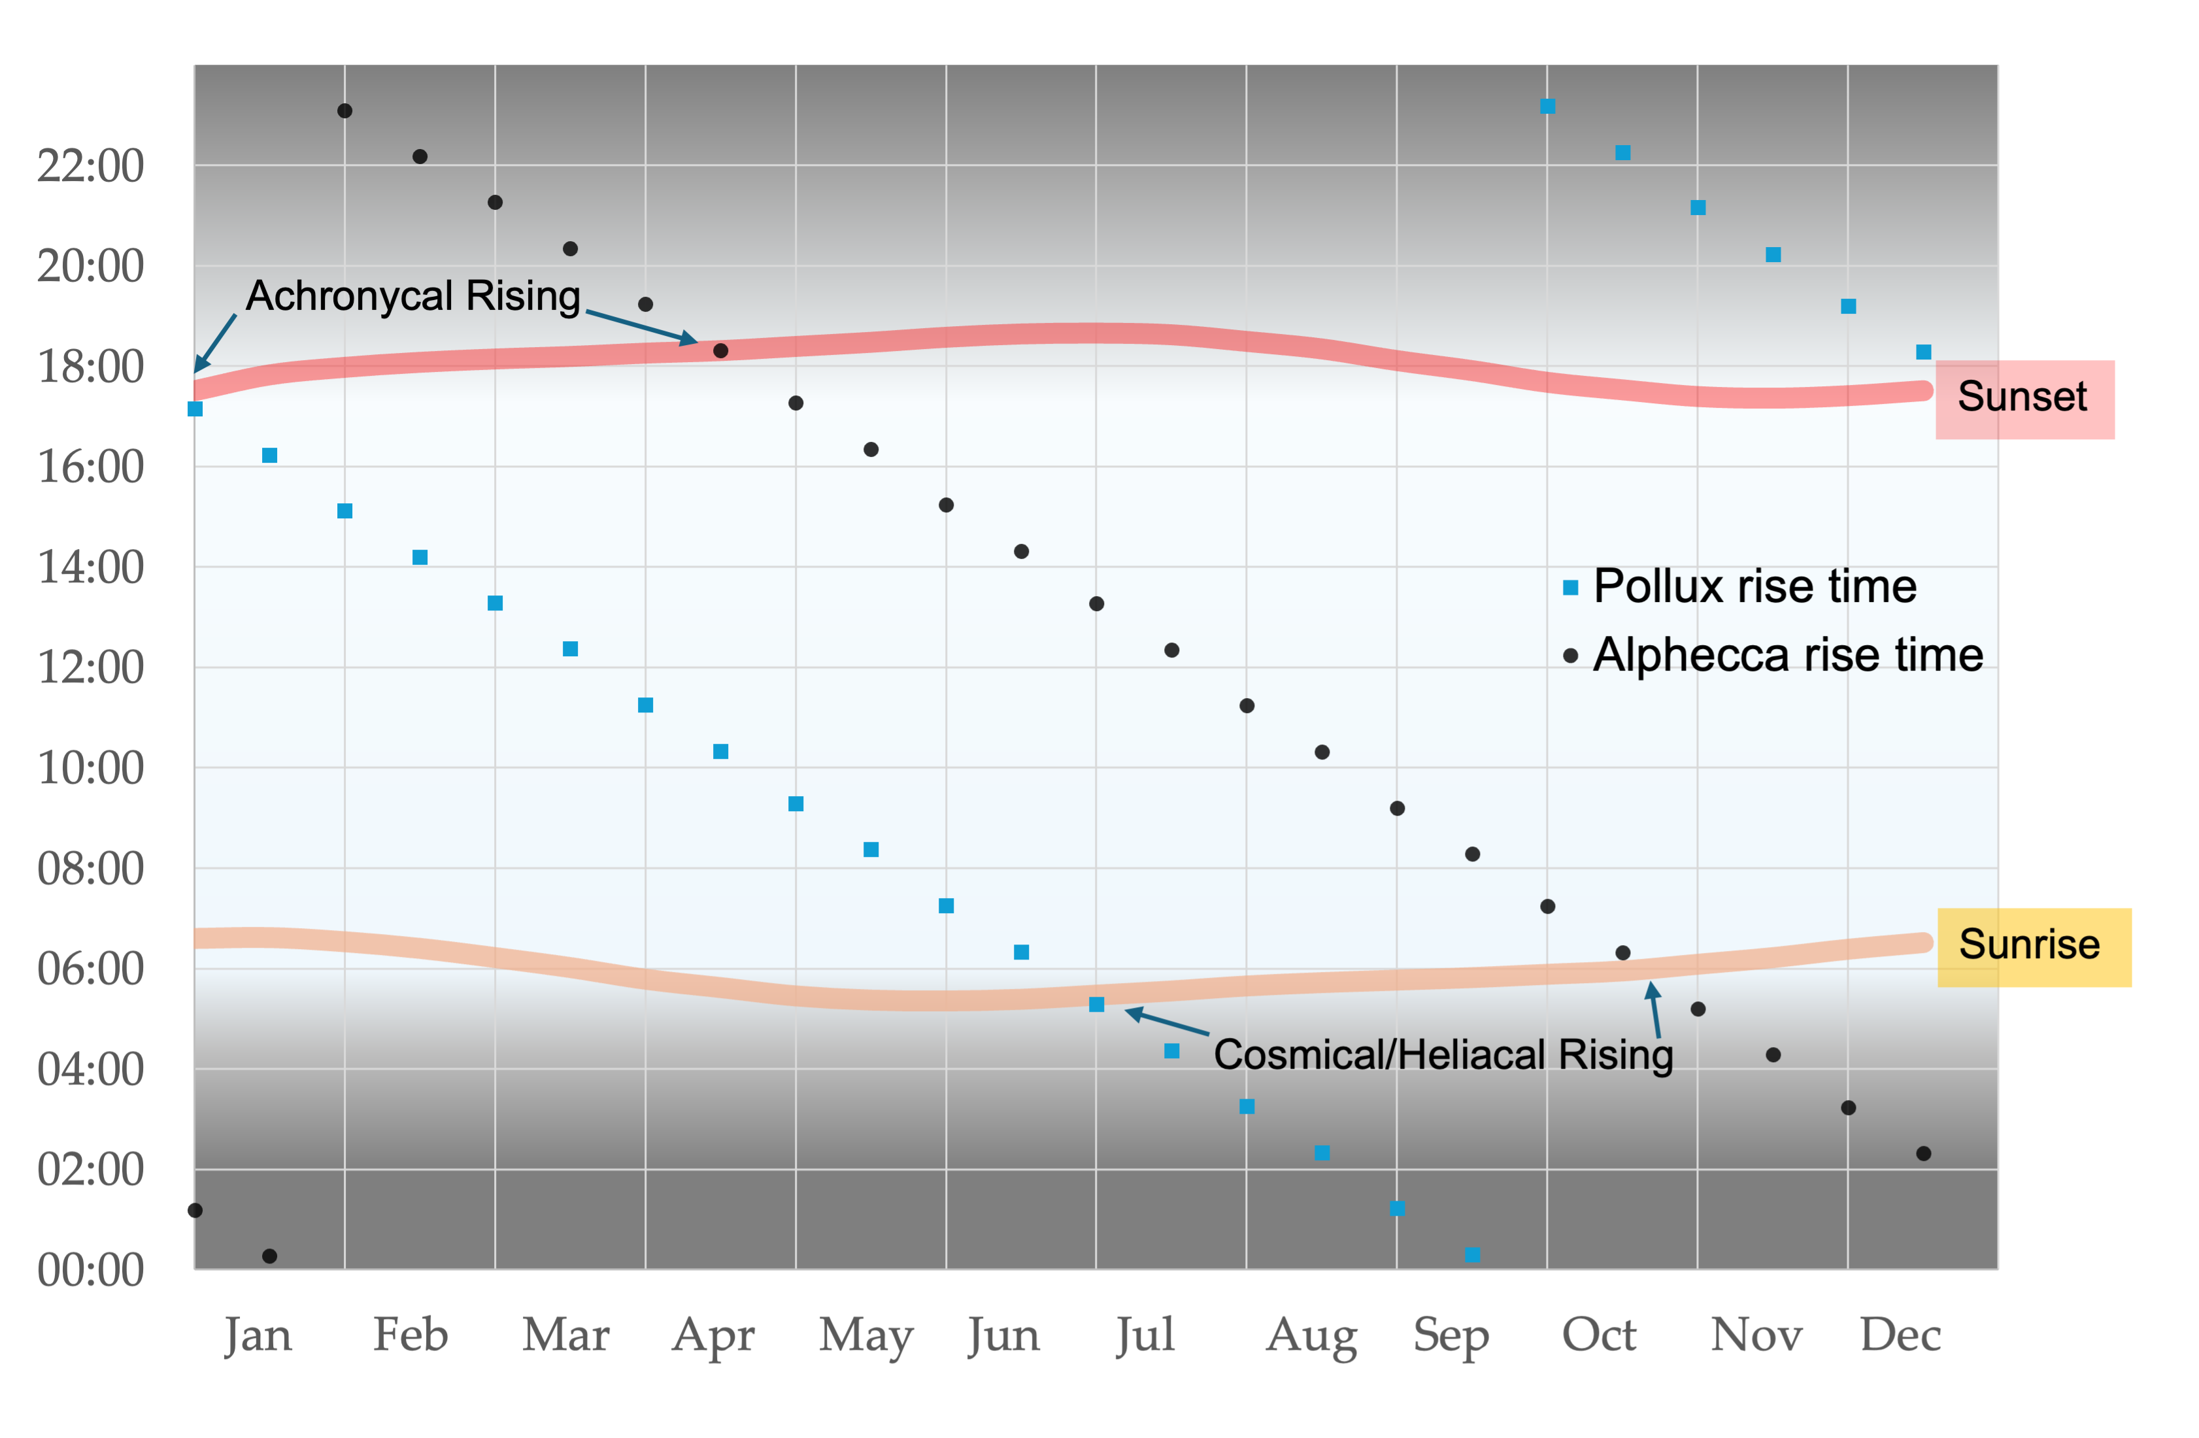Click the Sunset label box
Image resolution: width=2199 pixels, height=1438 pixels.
pyautogui.click(x=2023, y=398)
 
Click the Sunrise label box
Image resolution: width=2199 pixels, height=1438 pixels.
pyautogui.click(x=2033, y=946)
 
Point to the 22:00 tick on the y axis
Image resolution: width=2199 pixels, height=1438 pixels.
pyautogui.click(x=91, y=166)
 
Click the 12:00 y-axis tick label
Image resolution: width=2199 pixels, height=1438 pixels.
pyautogui.click(x=91, y=668)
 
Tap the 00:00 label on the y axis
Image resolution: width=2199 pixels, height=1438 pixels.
pyautogui.click(x=91, y=1270)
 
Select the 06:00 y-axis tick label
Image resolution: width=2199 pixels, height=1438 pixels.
pyautogui.click(x=91, y=969)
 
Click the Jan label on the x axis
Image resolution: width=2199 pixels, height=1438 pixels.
pyautogui.click(x=258, y=1335)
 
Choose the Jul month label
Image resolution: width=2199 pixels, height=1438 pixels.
pyautogui.click(x=1145, y=1335)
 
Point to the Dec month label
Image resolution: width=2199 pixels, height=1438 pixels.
pyautogui.click(x=1900, y=1335)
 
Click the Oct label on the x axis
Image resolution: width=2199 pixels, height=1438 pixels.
pyautogui.click(x=1598, y=1335)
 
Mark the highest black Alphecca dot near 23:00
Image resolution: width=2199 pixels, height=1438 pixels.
pyautogui.click(x=344, y=111)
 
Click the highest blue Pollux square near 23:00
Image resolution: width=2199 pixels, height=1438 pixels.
pyautogui.click(x=1548, y=107)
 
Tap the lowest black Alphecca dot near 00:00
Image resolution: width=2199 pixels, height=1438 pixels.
pyautogui.click(x=270, y=1256)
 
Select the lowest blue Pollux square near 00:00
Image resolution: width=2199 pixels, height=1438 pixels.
pyautogui.click(x=1473, y=1255)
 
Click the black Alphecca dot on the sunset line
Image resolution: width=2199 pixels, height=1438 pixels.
pyautogui.click(x=720, y=351)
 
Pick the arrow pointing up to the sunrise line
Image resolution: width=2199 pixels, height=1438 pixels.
pyautogui.click(x=1654, y=1009)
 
